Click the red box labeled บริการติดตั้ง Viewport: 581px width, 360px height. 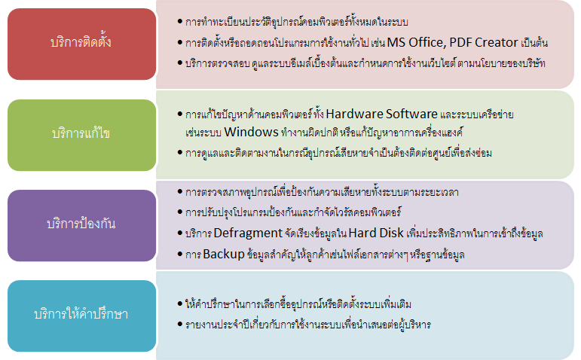[x=81, y=44]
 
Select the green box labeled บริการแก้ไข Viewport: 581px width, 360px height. [x=81, y=135]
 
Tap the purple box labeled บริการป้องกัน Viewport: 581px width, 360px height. [x=81, y=225]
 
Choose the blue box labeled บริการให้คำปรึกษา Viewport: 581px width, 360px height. [x=81, y=316]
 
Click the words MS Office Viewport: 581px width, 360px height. [x=414, y=43]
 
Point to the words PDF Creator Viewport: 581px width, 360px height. [x=484, y=43]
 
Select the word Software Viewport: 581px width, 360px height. [x=411, y=114]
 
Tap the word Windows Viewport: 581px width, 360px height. [x=251, y=132]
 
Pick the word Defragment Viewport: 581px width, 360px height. [x=248, y=233]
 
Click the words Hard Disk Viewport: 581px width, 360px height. [x=376, y=233]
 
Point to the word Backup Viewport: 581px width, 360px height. [x=224, y=254]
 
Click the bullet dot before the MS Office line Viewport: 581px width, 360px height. [x=180, y=42]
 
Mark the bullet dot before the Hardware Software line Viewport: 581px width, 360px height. [x=180, y=114]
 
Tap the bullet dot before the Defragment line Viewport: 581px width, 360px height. [x=180, y=233]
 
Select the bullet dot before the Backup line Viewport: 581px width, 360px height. [x=180, y=254]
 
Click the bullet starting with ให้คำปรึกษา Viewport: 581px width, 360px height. [x=295, y=304]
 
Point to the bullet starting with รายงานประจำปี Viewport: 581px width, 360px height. [x=304, y=325]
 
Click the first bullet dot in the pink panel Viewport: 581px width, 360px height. [x=180, y=22]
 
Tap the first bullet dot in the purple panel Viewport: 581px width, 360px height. [x=180, y=191]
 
